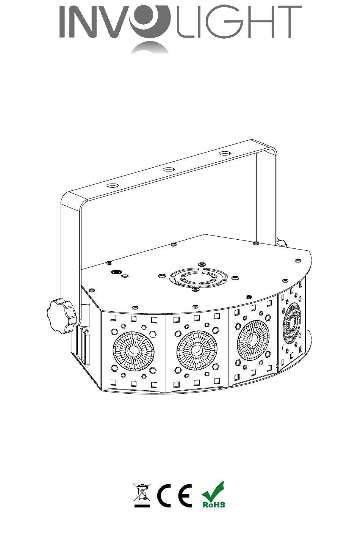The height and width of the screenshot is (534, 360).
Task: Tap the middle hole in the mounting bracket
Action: click(x=169, y=170)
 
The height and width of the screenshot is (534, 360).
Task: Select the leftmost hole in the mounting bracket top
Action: click(x=113, y=185)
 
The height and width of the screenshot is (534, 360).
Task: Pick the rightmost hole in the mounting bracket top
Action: click(x=225, y=153)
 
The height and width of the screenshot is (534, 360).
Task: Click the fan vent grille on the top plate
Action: click(x=199, y=276)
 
